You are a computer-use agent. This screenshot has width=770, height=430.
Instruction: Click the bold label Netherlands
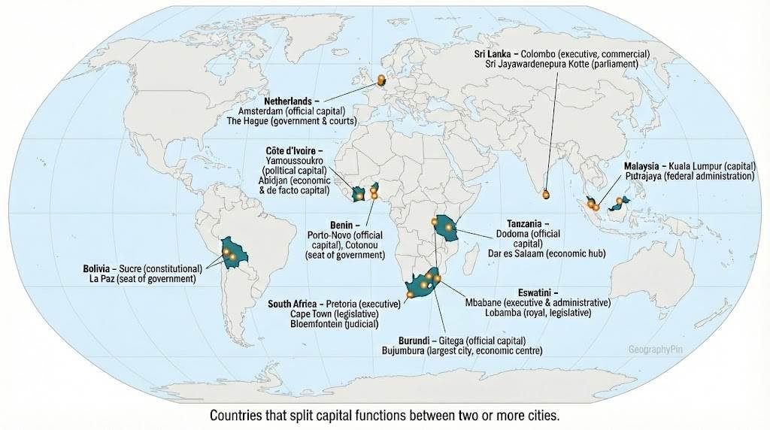click(x=290, y=100)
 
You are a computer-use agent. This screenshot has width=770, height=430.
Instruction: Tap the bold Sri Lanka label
click(x=493, y=54)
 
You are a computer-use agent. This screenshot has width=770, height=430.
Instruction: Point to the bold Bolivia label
click(x=98, y=268)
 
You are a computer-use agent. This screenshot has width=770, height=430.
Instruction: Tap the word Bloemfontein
click(x=317, y=324)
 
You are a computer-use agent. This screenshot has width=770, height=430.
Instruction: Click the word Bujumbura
click(x=411, y=350)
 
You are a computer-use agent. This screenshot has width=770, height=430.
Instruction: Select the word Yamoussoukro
click(x=294, y=161)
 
